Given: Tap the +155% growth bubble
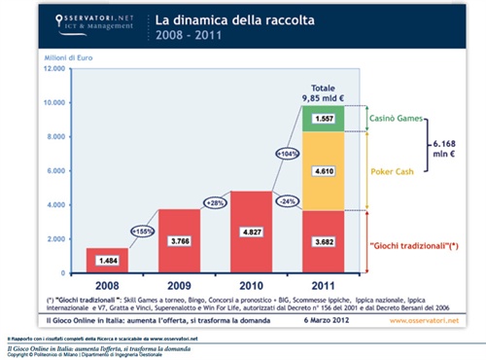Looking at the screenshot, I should pos(142,232).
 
